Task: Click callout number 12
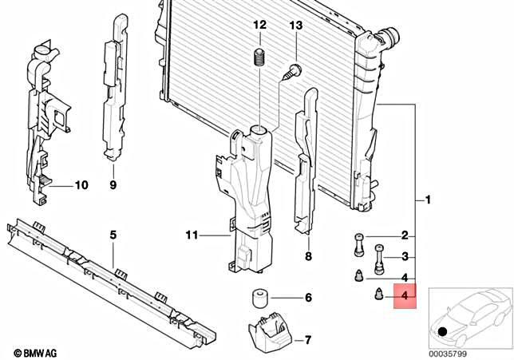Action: [x=259, y=26]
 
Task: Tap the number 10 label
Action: [x=81, y=186]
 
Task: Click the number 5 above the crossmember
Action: [x=113, y=235]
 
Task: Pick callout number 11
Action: [x=191, y=235]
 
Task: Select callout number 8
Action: [x=307, y=257]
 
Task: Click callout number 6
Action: [x=307, y=299]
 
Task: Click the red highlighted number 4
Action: [x=405, y=297]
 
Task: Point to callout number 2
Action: [x=405, y=235]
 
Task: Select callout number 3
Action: [x=405, y=256]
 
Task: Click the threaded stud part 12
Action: [x=259, y=57]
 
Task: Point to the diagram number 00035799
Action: [x=448, y=352]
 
